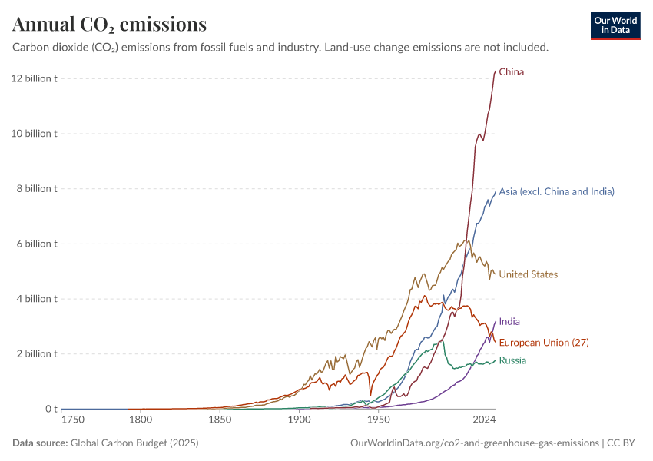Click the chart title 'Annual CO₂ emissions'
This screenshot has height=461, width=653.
pos(109,25)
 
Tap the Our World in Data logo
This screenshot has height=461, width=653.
pos(615,25)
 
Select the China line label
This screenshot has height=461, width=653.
pos(512,72)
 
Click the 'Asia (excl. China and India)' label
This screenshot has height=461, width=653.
pos(556,191)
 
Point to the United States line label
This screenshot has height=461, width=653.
pos(529,274)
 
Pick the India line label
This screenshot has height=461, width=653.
pos(509,322)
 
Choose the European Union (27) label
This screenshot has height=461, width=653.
pos(544,342)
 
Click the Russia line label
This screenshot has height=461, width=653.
pos(512,360)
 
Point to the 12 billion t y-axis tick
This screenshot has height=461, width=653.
pos(34,78)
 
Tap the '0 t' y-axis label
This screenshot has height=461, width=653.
pos(50,409)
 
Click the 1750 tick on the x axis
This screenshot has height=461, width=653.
pos(74,420)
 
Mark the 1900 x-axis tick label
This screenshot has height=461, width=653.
pos(299,420)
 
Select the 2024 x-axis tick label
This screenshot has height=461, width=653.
pos(484,420)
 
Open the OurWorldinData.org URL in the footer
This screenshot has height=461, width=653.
pos(474,443)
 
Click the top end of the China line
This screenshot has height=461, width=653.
pos(496,71)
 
